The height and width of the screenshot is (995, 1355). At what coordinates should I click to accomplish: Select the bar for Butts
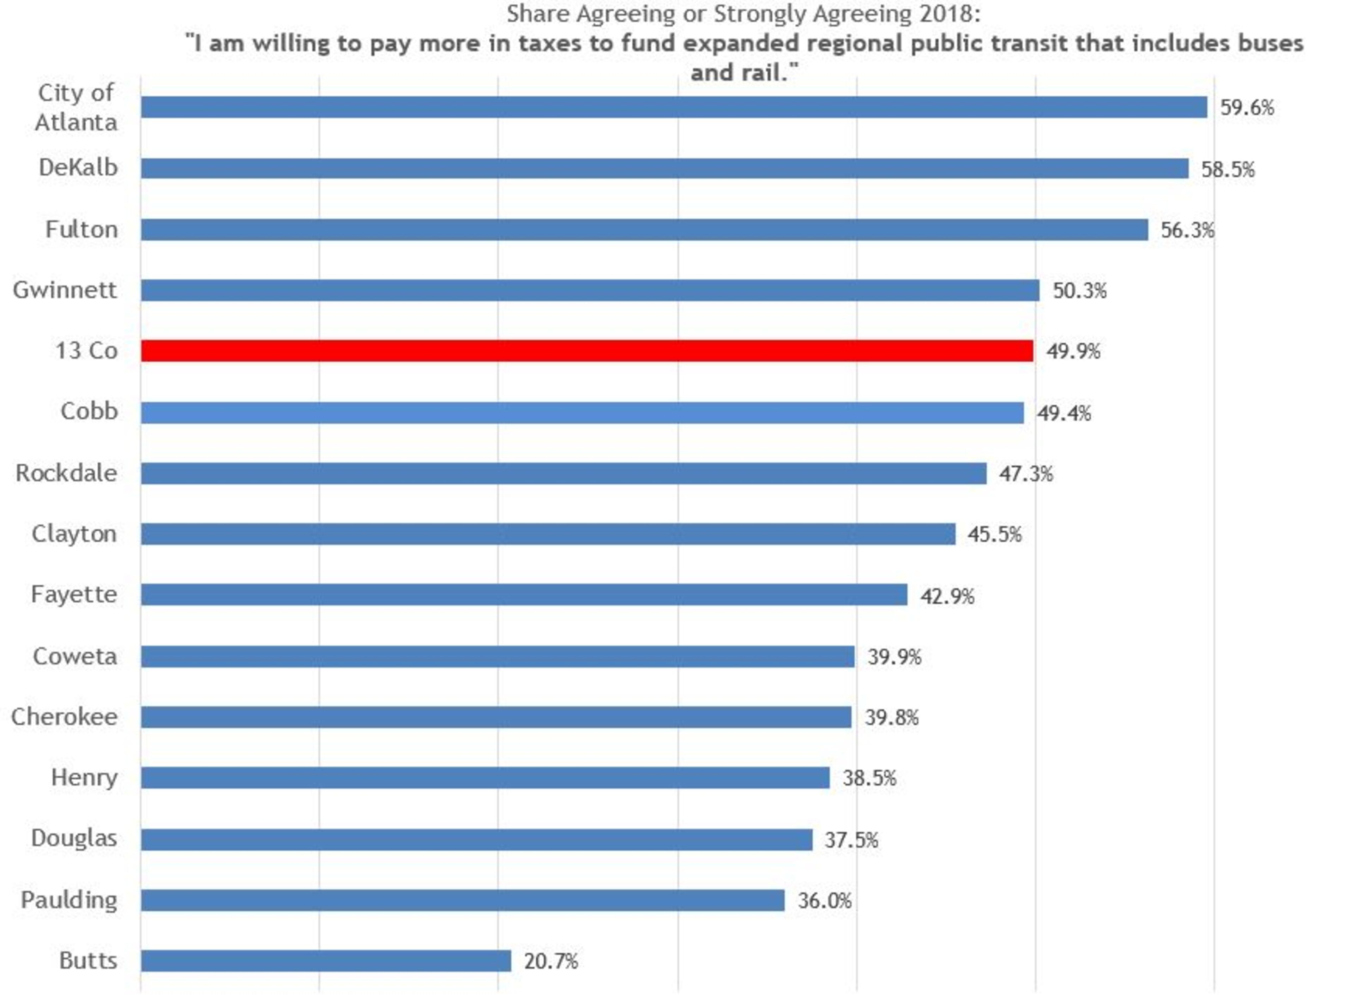coord(326,961)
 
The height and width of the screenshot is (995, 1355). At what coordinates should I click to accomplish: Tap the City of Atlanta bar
coord(673,107)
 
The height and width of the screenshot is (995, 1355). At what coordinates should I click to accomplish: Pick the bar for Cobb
coord(582,412)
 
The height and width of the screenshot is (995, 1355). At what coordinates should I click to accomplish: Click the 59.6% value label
coord(1247,108)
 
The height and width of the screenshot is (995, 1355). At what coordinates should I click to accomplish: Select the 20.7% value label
coord(550,961)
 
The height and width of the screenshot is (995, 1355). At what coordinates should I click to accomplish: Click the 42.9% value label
coord(947,596)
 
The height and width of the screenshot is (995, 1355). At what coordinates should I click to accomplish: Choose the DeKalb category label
coord(78,168)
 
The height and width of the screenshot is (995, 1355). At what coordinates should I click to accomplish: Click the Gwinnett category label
coord(65,290)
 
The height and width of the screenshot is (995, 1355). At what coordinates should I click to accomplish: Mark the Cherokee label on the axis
coord(65,717)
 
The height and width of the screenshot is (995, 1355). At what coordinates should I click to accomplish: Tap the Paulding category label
coord(69,900)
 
